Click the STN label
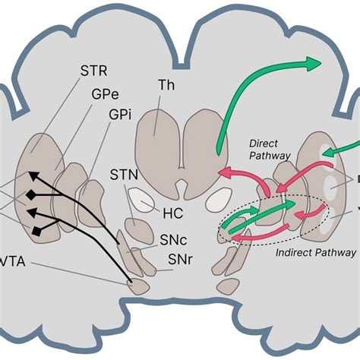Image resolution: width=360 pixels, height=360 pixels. pyautogui.click(x=122, y=176)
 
